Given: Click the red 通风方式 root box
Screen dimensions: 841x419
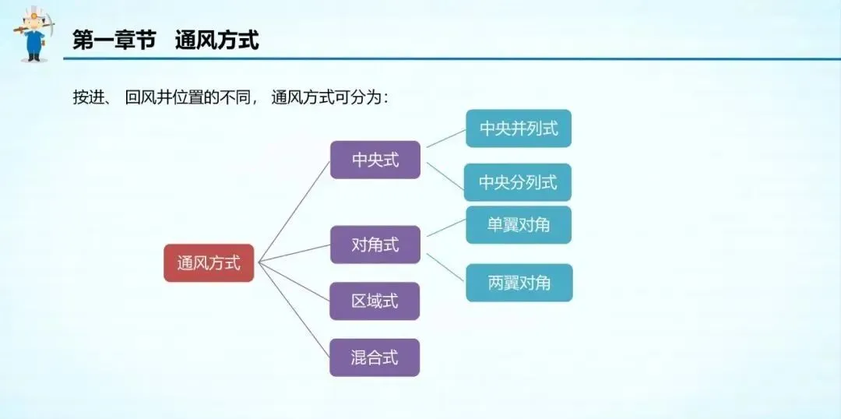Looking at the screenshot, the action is pyautogui.click(x=209, y=263).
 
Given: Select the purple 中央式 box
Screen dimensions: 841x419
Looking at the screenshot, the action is pyautogui.click(x=375, y=160).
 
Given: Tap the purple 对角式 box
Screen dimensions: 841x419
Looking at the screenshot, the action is pyautogui.click(x=375, y=245).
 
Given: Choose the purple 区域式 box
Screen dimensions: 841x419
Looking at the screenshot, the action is pyautogui.click(x=375, y=301).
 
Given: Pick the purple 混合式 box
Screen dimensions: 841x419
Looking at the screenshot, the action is pyautogui.click(x=375, y=357).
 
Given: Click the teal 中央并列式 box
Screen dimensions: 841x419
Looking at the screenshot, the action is pyautogui.click(x=519, y=129).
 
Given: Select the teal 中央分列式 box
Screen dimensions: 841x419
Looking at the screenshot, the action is pyautogui.click(x=518, y=182).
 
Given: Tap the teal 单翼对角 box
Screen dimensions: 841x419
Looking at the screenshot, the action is pyautogui.click(x=519, y=224).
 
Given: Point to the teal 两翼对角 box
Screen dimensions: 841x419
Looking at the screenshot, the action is pyautogui.click(x=519, y=283).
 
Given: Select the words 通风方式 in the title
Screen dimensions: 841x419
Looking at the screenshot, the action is pyautogui.click(x=216, y=40).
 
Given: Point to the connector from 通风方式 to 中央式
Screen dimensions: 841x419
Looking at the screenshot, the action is pyautogui.click(x=294, y=211).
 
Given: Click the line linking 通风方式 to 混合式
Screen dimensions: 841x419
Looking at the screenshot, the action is pyautogui.click(x=294, y=310).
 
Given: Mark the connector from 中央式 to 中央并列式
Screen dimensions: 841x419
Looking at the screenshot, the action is pyautogui.click(x=444, y=138).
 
